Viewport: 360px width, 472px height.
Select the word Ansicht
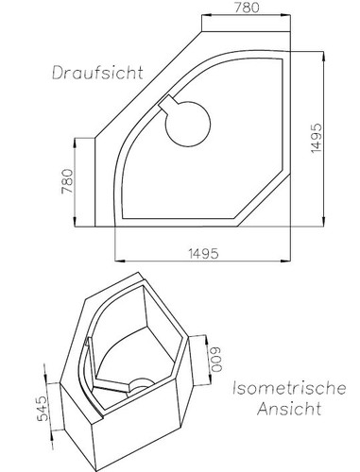point(288,411)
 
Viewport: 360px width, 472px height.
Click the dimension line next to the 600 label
point(204,359)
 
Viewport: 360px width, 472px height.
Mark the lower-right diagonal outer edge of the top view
point(276,209)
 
